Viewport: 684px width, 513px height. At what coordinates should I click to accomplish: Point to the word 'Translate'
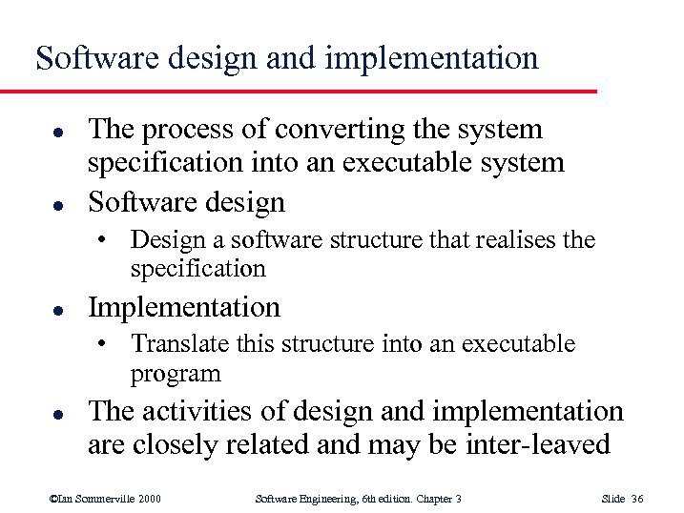[x=176, y=343]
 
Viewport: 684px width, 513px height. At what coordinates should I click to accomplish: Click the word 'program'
[x=176, y=374]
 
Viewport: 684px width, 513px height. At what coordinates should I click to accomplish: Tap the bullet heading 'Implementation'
[x=184, y=307]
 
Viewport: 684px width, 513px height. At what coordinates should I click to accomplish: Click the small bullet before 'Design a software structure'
[x=114, y=240]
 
